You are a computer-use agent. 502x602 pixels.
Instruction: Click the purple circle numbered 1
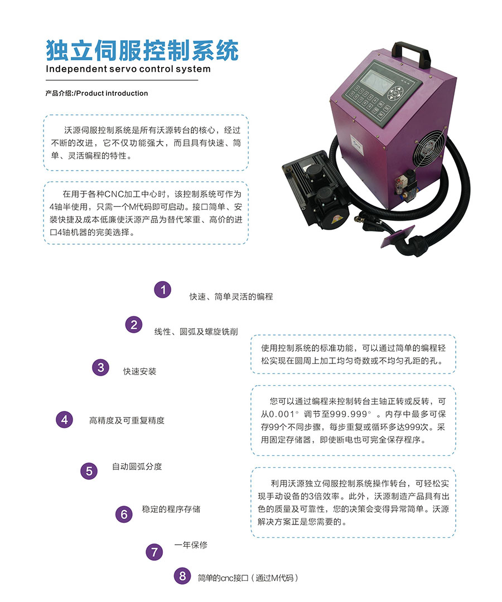[x=163, y=290]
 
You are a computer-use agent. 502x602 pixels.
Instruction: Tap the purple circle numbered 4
[x=65, y=419]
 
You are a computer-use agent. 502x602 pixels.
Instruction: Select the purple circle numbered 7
[x=155, y=552]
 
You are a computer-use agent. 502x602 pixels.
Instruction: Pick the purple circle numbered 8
[x=182, y=576]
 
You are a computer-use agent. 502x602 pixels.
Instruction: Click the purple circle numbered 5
[x=89, y=471]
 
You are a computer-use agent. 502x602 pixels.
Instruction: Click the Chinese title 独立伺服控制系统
[x=142, y=50]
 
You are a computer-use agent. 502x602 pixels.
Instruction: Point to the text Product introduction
[x=112, y=93]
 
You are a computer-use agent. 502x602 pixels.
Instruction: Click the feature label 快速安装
[x=140, y=371]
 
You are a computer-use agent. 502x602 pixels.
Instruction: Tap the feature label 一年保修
[x=191, y=545]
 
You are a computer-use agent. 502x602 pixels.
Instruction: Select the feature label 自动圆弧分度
[x=137, y=467]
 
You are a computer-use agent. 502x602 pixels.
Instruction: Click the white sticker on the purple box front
[x=356, y=144]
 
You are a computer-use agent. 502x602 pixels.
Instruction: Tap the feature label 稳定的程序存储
[x=171, y=509]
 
